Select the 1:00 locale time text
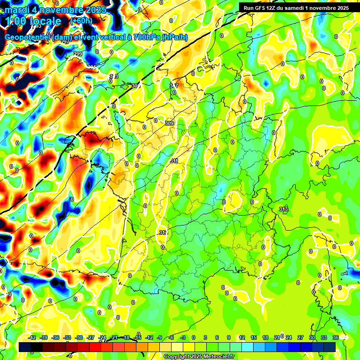click(34, 21)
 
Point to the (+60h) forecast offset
click(81, 21)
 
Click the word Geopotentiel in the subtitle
click(28, 37)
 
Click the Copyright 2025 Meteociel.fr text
click(199, 357)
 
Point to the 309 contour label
click(169, 123)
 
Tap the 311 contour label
click(174, 161)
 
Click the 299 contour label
click(78, 54)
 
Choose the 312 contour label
click(163, 232)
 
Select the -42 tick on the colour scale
click(32, 337)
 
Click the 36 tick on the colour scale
click(336, 337)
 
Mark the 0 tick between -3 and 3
click(193, 337)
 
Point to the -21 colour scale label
click(114, 337)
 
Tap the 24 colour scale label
click(288, 337)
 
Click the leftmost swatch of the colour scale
click(25, 346)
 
